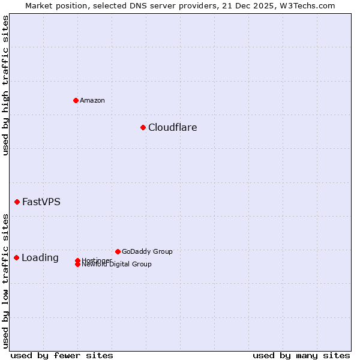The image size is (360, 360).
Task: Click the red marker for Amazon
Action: pos(76,100)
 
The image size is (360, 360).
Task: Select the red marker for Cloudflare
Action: pos(143,127)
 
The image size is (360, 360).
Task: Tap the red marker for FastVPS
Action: pos(17,202)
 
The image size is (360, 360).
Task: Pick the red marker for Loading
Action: pos(16,257)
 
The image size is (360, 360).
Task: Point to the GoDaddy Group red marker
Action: pos(118,251)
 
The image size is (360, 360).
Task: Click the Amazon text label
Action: pos(92,100)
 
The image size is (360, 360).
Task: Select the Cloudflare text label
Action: pos(173,127)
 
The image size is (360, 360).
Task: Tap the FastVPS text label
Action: pos(41,202)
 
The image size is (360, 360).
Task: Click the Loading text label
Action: pos(40,258)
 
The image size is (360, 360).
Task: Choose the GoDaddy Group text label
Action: pos(147,251)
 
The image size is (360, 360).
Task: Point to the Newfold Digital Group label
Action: pos(117,265)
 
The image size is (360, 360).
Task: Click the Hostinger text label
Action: pos(96,260)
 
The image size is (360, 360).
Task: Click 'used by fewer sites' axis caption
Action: pos(62,355)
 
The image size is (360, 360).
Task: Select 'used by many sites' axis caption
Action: pos(301,355)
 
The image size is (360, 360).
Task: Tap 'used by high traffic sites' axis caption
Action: pos(6,86)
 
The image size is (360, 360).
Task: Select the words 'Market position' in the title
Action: pos(52,5)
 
